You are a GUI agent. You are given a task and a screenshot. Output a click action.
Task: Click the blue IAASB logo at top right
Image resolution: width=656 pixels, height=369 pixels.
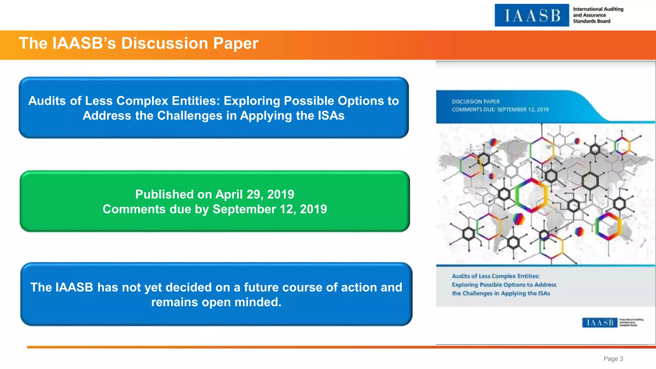tap(532, 15)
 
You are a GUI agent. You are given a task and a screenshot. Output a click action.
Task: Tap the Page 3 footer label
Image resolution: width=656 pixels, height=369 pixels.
tap(613, 359)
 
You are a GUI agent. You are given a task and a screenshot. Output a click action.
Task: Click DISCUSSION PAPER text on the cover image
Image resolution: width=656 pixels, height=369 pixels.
tap(475, 102)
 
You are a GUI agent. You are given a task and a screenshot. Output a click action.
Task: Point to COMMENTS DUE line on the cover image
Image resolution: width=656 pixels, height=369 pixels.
tap(500, 110)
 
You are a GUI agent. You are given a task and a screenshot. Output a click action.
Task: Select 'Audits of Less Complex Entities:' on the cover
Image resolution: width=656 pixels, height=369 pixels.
tap(496, 276)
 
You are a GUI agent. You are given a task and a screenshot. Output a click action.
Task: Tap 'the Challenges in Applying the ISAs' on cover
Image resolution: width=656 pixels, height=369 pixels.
tap(501, 293)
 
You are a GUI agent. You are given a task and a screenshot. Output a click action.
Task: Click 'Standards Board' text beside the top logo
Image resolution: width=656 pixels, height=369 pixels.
tap(591, 21)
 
